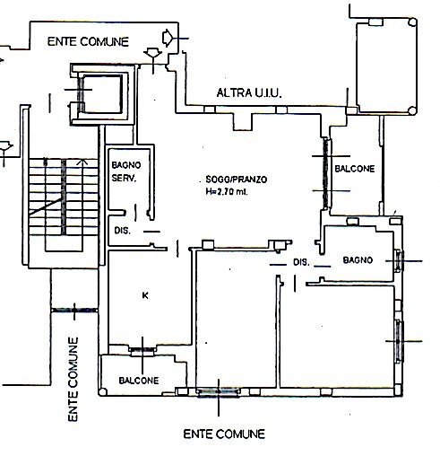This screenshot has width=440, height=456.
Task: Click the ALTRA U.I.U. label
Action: pyautogui.click(x=254, y=93)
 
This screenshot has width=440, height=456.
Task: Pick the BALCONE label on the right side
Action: pyautogui.click(x=355, y=169)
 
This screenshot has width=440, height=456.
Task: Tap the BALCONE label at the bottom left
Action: pyautogui.click(x=139, y=381)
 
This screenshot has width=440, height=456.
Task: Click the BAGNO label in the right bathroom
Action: pyautogui.click(x=358, y=260)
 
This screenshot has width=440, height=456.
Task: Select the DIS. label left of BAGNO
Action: pyautogui.click(x=301, y=262)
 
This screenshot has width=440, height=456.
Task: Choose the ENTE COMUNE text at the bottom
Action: pyautogui.click(x=224, y=434)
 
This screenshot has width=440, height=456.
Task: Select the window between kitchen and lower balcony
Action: pyautogui.click(x=141, y=348)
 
